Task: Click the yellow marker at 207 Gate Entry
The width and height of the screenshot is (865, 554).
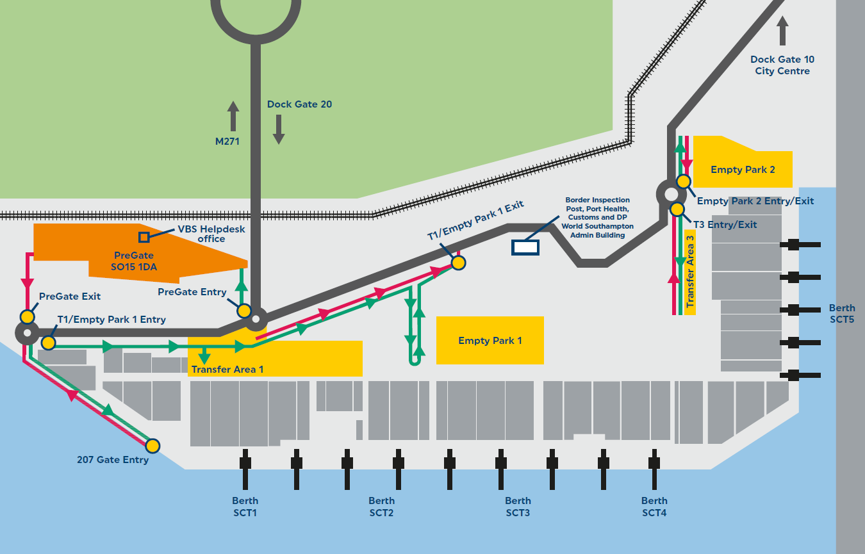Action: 152,445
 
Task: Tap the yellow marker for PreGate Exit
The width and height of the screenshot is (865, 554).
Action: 28,316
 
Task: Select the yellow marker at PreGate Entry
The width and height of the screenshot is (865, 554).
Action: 244,311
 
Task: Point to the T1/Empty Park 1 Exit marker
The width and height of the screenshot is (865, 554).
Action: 458,262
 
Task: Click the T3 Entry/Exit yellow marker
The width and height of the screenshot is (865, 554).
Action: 677,209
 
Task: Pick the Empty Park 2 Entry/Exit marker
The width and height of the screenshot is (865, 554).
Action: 684,181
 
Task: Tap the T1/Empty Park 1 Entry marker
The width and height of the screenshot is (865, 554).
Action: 48,343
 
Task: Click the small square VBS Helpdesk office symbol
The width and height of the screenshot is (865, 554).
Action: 144,237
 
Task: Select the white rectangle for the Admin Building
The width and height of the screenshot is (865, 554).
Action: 525,247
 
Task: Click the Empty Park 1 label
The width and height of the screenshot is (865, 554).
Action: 490,341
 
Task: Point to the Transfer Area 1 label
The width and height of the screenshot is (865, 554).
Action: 227,369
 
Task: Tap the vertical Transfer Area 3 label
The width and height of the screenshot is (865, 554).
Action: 690,272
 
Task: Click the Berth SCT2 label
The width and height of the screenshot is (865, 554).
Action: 381,507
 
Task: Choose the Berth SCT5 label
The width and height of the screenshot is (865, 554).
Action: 842,313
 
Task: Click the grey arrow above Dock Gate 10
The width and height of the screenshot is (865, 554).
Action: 782,30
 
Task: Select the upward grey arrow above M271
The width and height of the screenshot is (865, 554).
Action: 233,116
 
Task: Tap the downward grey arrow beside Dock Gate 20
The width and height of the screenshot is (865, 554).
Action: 279,129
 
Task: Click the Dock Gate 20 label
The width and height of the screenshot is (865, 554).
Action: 299,104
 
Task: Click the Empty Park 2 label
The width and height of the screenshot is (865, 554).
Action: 743,170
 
